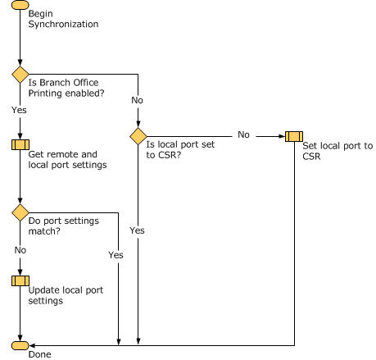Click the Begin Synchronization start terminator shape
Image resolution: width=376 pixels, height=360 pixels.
(20, 5)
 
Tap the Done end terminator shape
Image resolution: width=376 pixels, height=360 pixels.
(20, 345)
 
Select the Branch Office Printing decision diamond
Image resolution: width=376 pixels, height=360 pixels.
(20, 75)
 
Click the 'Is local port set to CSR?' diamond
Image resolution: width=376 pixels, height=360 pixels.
(138, 136)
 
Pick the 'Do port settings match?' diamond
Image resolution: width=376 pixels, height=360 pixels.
(20, 212)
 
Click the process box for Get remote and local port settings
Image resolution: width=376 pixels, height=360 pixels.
(20, 144)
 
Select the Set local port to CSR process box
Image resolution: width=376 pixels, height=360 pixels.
(294, 136)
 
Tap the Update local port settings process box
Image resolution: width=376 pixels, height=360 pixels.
(20, 280)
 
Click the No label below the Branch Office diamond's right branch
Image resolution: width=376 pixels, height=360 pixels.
(137, 100)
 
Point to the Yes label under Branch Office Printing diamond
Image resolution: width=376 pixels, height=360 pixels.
(19, 110)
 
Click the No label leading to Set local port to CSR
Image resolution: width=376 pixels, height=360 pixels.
(243, 134)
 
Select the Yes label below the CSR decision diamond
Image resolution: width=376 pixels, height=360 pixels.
(137, 230)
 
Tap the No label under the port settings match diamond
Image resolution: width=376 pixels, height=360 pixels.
(20, 250)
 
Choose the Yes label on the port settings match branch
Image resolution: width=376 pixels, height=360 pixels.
(116, 255)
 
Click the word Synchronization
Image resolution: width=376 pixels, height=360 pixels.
(63, 24)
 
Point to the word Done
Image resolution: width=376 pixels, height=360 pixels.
(40, 354)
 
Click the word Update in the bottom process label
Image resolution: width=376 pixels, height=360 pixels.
(43, 290)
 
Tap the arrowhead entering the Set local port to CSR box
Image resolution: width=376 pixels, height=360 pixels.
(282, 136)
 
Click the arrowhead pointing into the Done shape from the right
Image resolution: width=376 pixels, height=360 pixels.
(32, 345)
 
